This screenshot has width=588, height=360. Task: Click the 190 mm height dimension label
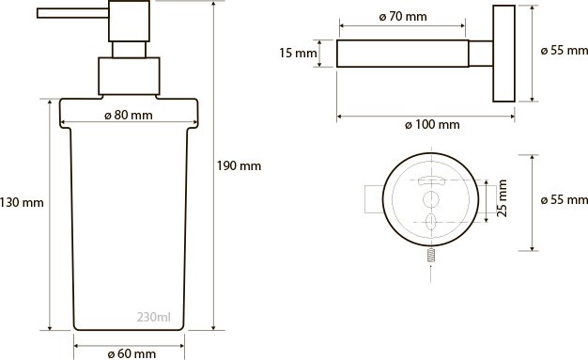pos(239,166)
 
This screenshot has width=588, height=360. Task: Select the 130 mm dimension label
pos(22,203)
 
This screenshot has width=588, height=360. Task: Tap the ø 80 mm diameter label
pos(129,116)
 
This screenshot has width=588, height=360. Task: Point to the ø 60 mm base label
pos(132,353)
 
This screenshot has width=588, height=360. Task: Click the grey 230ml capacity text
pos(154,317)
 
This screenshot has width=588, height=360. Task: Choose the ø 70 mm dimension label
pos(403,17)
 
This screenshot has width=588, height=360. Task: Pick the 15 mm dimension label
pos(298,53)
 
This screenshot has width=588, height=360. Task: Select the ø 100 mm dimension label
pos(432,125)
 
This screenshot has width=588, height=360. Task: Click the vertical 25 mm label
pos(503,198)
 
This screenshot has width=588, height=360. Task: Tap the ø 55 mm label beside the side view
pos(565,51)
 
